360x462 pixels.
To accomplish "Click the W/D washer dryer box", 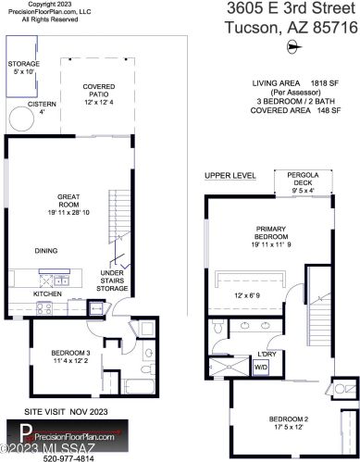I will click(x=261, y=368).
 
